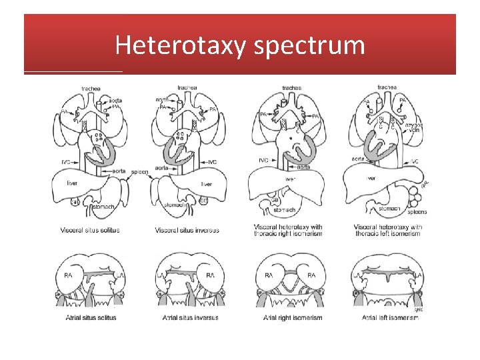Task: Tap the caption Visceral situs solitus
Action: [89, 231]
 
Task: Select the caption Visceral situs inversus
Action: [187, 231]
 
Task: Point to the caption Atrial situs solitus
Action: [91, 317]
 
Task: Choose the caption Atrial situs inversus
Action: [190, 317]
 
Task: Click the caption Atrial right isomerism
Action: [292, 317]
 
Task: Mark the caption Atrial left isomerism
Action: [391, 317]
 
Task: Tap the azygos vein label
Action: [413, 128]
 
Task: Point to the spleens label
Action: [416, 212]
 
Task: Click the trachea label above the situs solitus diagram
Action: [91, 89]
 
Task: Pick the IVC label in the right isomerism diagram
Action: [263, 160]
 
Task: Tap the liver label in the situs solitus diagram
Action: [73, 183]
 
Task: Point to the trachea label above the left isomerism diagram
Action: [387, 87]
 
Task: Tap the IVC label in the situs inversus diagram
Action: [212, 162]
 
